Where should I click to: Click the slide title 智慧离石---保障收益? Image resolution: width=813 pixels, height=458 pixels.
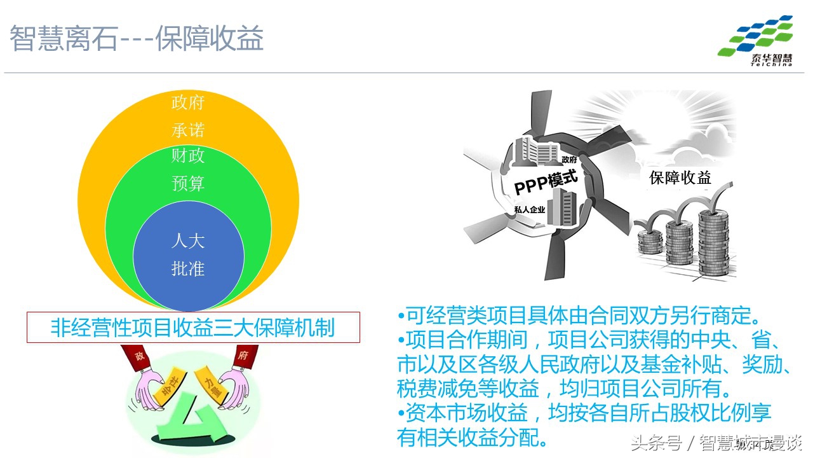pos(137,39)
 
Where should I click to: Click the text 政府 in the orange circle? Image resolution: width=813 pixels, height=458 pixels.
pos(188,102)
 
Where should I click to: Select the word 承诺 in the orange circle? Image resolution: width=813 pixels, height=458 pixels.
pos(188,130)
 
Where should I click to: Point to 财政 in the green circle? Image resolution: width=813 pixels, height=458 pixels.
pos(188,156)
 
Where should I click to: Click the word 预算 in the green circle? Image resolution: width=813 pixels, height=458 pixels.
pos(188,184)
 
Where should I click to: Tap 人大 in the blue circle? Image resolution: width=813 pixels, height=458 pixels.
pos(188,241)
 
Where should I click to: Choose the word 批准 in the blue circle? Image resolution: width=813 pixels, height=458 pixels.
pos(188,269)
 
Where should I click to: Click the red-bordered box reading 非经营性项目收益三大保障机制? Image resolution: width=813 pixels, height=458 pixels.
pos(193,328)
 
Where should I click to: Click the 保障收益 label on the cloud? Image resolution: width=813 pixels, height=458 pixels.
pos(680,177)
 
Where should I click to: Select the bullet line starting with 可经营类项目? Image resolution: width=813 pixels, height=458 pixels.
pos(578,316)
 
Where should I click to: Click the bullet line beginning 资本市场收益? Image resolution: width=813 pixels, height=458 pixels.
pos(584,414)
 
